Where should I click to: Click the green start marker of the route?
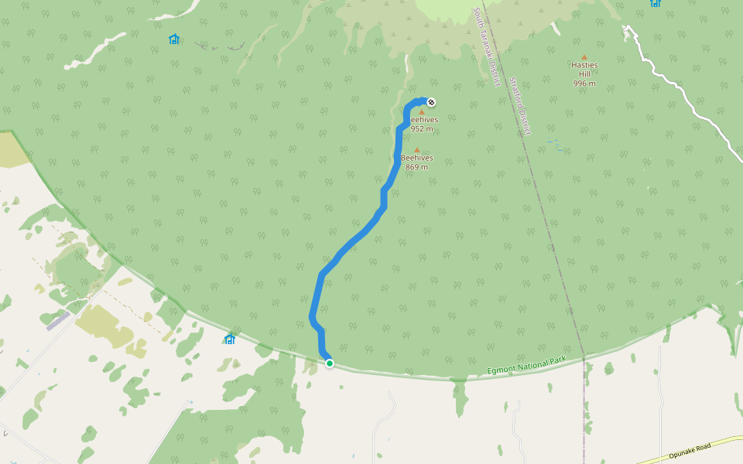click(x=330, y=363)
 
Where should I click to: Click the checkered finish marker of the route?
click(x=431, y=102)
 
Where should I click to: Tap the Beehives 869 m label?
click(x=417, y=162)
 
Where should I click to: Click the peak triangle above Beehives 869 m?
click(x=417, y=150)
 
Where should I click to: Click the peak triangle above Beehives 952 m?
click(x=422, y=112)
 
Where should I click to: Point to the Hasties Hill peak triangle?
click(x=584, y=56)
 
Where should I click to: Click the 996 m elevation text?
click(x=584, y=84)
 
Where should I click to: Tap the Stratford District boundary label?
click(x=520, y=106)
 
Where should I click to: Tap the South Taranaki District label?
click(x=487, y=47)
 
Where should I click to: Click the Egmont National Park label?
click(x=527, y=367)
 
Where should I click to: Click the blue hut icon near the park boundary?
click(x=230, y=339)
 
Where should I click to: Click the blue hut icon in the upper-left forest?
click(x=173, y=39)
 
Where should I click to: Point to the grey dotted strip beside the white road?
click(x=58, y=320)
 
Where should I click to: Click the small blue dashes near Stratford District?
click(x=553, y=143)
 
